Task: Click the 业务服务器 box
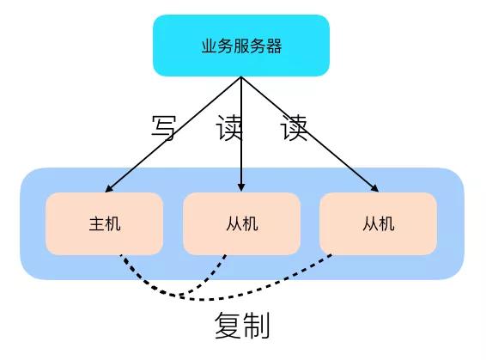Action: (241, 46)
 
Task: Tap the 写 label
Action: (164, 128)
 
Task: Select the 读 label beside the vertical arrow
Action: (228, 128)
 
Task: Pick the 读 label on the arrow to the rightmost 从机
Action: (294, 128)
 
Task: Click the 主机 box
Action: (104, 223)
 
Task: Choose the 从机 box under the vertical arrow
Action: (242, 223)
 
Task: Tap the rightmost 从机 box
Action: (378, 223)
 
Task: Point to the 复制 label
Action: (242, 325)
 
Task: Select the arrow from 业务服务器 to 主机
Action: (173, 134)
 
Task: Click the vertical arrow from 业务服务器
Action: (241, 134)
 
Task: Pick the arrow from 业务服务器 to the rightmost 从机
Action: (310, 134)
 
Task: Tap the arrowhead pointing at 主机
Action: (109, 188)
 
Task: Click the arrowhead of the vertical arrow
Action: (241, 187)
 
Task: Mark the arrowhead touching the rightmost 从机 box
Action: (374, 188)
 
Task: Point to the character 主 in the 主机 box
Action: (96, 223)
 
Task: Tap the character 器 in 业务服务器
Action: (274, 46)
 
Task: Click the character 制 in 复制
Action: (256, 325)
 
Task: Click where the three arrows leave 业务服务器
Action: (241, 77)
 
